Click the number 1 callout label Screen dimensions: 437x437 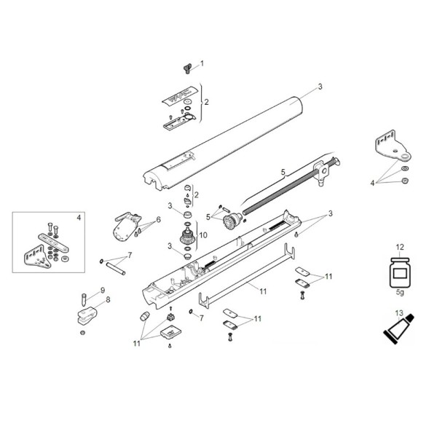pyautogui.click(x=202, y=63)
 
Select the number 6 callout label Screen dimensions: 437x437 pyautogui.click(x=157, y=219)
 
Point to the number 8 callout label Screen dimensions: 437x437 pyautogui.click(x=108, y=299)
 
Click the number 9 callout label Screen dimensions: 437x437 pyautogui.click(x=103, y=290)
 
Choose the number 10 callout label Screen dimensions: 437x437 pyautogui.click(x=203, y=235)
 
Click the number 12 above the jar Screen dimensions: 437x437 pyautogui.click(x=398, y=248)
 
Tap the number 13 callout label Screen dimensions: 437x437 pyautogui.click(x=398, y=313)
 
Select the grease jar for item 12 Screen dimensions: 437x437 pyautogui.click(x=398, y=275)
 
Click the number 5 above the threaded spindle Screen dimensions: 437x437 pyautogui.click(x=283, y=172)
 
